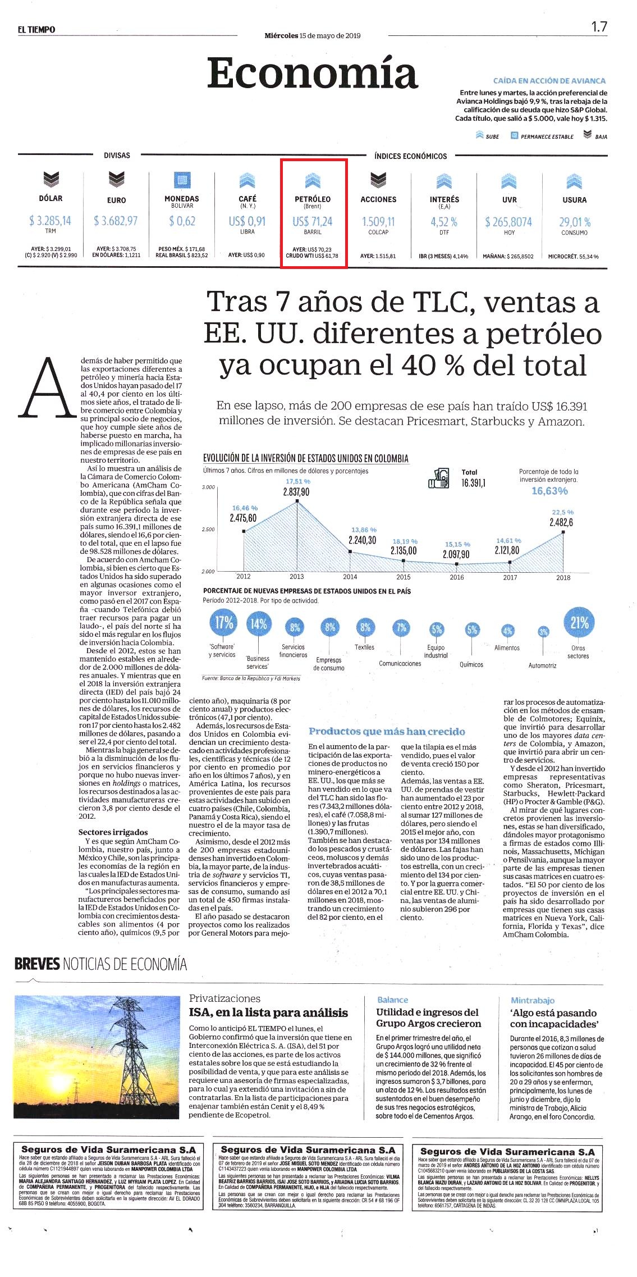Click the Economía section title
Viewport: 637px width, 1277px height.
point(313,74)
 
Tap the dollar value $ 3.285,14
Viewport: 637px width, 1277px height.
point(51,221)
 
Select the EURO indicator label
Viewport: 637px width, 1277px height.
point(116,200)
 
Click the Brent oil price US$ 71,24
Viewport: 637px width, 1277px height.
point(313,221)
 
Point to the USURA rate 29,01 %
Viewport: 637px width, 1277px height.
point(575,222)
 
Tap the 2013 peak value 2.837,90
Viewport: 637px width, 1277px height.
point(296,492)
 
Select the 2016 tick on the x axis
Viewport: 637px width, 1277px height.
point(457,577)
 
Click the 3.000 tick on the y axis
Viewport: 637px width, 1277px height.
point(208,487)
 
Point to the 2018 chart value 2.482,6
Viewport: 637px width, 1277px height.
point(561,522)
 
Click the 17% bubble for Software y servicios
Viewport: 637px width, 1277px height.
point(224,623)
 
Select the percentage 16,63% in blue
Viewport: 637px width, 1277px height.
point(549,491)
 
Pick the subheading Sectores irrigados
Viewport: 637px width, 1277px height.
point(113,832)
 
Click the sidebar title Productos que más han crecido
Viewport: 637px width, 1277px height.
point(387,731)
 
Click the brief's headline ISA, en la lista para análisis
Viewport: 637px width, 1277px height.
point(268,1013)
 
